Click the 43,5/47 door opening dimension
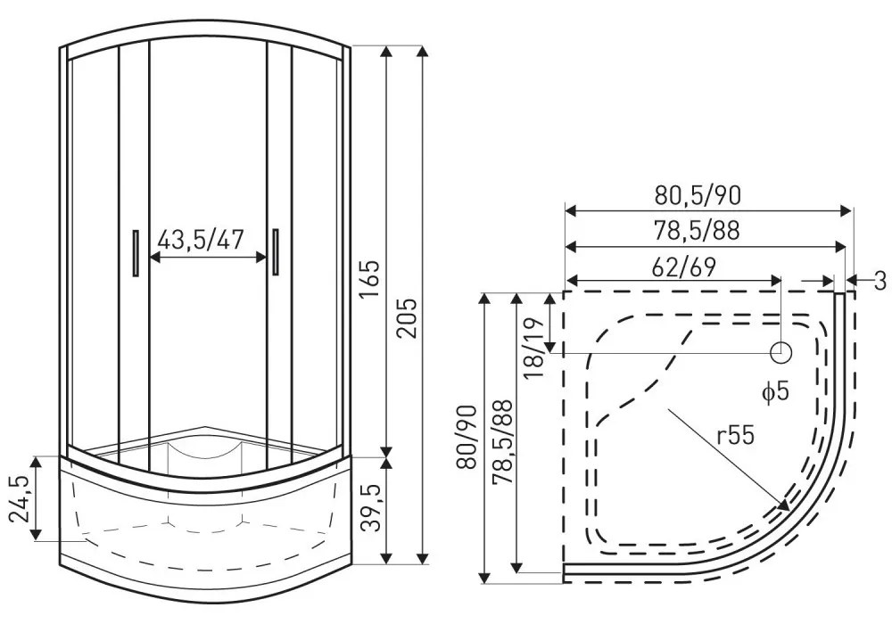(x=201, y=240)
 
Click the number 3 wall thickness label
(x=879, y=282)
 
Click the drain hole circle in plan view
(x=781, y=352)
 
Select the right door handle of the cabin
(x=277, y=250)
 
